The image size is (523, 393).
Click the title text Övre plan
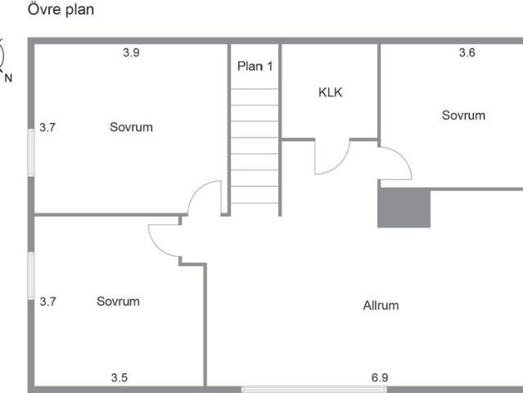tap(61, 9)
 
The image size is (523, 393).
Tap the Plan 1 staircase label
tap(255, 66)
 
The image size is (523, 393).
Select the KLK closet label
tap(330, 93)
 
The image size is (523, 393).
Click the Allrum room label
tap(381, 305)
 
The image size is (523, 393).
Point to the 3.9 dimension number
tap(131, 52)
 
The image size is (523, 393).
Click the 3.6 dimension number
tap(467, 52)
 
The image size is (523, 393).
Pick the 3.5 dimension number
tap(119, 377)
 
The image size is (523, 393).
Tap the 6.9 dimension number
tap(380, 377)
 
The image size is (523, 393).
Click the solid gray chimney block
tap(404, 207)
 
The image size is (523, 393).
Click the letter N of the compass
tap(8, 78)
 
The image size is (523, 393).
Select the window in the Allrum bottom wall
tap(314, 390)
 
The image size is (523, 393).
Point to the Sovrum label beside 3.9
tap(132, 127)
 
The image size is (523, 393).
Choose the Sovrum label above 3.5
tap(118, 301)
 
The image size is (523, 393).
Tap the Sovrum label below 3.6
tap(463, 115)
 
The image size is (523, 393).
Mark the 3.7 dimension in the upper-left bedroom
tap(47, 127)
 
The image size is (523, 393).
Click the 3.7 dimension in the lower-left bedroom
tap(47, 301)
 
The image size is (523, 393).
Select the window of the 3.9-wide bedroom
tap(31, 152)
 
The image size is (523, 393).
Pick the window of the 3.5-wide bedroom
tap(31, 276)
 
